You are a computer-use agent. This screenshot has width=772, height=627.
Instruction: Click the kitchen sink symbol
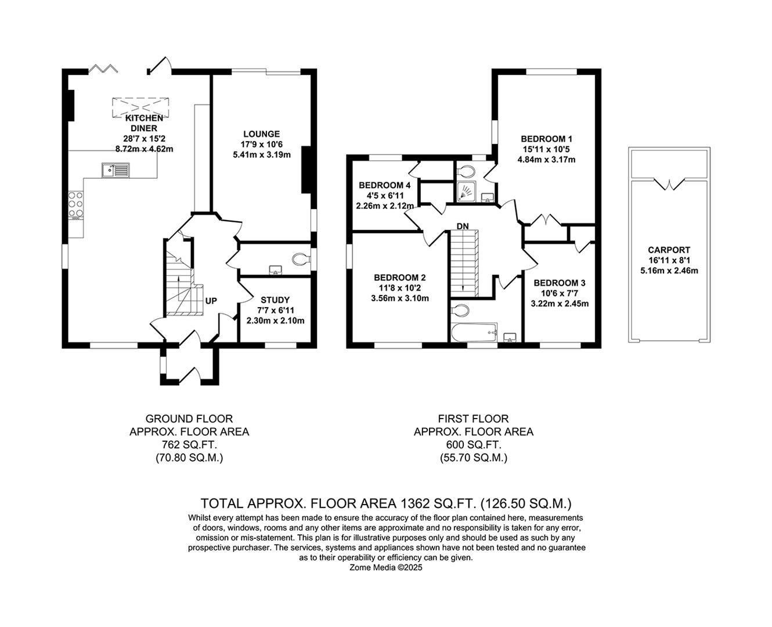[x=116, y=170]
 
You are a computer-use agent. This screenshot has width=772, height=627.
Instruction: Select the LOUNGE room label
[x=261, y=134]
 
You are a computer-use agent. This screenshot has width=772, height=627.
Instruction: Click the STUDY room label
[x=275, y=300]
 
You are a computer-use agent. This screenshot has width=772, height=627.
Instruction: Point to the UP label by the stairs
[x=211, y=301]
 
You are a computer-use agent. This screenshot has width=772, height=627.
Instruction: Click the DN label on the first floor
[x=463, y=226]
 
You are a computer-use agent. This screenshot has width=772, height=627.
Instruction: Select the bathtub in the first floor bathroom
[x=474, y=332]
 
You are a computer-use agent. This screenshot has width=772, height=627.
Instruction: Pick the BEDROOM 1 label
[x=546, y=139]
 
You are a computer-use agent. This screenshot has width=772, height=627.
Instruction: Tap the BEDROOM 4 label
[x=385, y=185]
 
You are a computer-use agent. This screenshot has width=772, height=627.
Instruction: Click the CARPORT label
[x=669, y=250]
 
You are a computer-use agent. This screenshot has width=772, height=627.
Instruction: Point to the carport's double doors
[x=669, y=183]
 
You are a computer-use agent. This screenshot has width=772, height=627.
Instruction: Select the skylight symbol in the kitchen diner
[x=140, y=107]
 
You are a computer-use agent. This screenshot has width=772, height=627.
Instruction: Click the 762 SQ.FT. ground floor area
[x=189, y=445]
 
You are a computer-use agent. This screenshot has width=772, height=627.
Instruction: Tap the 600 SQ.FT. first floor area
[x=474, y=445]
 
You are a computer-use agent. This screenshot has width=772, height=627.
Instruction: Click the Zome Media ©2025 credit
[x=386, y=568]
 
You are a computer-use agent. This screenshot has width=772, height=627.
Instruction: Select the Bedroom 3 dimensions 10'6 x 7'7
[x=560, y=293]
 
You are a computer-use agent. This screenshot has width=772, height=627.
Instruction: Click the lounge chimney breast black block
[x=306, y=170]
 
